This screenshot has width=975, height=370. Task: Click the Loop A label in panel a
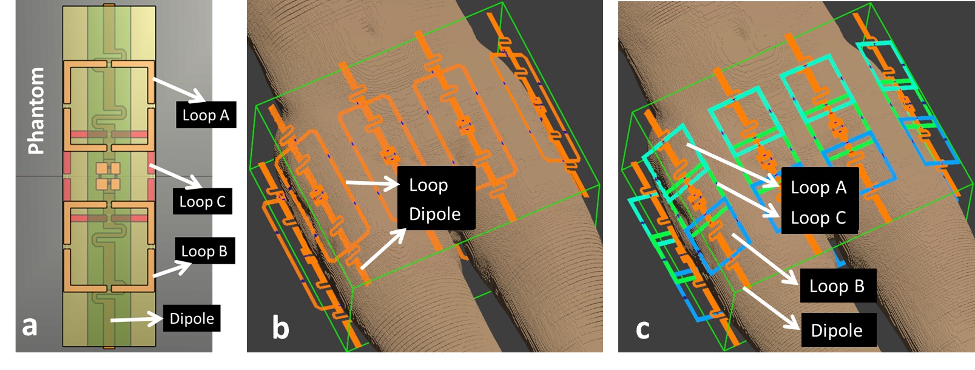point(206,115)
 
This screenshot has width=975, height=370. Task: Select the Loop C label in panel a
point(202,202)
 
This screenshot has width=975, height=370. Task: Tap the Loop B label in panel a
point(204,251)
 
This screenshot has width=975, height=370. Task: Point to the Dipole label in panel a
point(191,318)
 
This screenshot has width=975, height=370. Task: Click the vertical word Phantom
point(36,111)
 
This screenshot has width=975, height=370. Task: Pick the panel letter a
point(29,326)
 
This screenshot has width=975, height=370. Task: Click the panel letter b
point(280,328)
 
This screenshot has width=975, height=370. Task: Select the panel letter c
point(643,329)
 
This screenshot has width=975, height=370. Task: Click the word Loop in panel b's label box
point(428,185)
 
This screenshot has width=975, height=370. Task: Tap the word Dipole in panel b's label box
point(434,214)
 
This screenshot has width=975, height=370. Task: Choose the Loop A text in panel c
point(818,188)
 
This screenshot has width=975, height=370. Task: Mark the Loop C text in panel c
point(818,218)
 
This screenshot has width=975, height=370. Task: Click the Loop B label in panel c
point(837,286)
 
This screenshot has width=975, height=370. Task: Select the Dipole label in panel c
point(837,331)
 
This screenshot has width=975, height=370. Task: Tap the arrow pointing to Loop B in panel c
point(765,259)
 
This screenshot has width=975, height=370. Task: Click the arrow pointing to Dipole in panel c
point(771,307)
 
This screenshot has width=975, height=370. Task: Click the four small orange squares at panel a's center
point(108,176)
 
